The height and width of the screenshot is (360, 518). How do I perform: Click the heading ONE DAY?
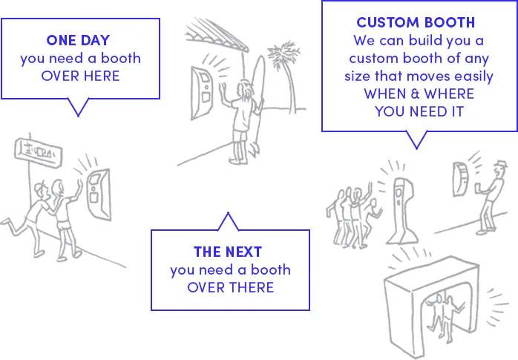[x=80, y=39]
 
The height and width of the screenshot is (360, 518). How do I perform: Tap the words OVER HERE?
[x=80, y=76]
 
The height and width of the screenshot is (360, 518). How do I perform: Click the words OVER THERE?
[x=230, y=287]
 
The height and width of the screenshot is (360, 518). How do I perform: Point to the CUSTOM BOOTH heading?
[x=416, y=22]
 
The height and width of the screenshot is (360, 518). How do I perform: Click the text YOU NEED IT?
[x=419, y=111]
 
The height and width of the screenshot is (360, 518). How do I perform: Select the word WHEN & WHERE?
[x=419, y=94]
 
